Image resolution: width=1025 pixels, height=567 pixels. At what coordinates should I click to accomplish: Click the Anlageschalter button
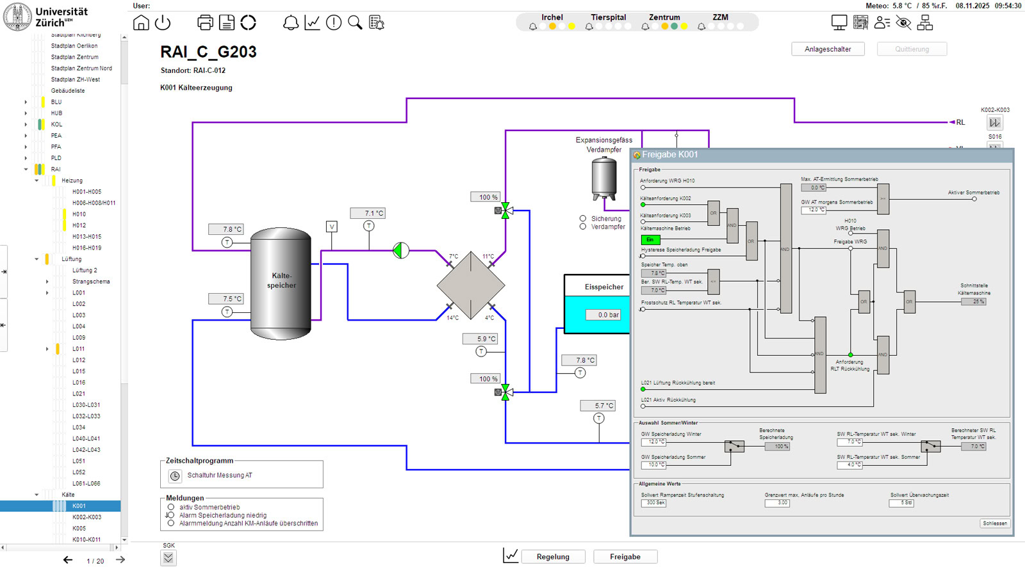coord(828,49)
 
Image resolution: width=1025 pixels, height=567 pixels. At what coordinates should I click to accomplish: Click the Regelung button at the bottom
coord(553,557)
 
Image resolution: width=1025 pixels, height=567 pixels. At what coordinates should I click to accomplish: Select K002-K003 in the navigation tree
coord(86,517)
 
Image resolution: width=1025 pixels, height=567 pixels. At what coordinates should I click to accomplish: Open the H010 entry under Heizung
coord(79,214)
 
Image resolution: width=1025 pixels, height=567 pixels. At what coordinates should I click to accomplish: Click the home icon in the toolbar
coord(141,23)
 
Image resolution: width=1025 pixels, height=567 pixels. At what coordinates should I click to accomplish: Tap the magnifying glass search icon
coord(355,23)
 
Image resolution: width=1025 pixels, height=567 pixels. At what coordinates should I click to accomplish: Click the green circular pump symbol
coord(401,250)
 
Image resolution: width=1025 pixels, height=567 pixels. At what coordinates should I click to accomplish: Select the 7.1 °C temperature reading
coord(368,213)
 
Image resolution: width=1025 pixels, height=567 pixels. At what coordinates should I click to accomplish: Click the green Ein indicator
coord(650,240)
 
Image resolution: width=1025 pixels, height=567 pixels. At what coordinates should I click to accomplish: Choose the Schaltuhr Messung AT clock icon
coord(175,475)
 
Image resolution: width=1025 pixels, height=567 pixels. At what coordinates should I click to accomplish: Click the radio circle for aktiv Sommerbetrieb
coord(171,507)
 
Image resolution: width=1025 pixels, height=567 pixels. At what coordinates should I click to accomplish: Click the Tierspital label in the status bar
coord(608,17)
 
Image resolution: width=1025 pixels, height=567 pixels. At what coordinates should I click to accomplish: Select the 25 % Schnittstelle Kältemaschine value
coord(974,301)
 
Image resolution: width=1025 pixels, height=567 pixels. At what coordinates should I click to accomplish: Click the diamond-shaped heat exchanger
coord(471,285)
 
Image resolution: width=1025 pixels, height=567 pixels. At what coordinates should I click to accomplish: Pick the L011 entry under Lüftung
coord(78,349)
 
